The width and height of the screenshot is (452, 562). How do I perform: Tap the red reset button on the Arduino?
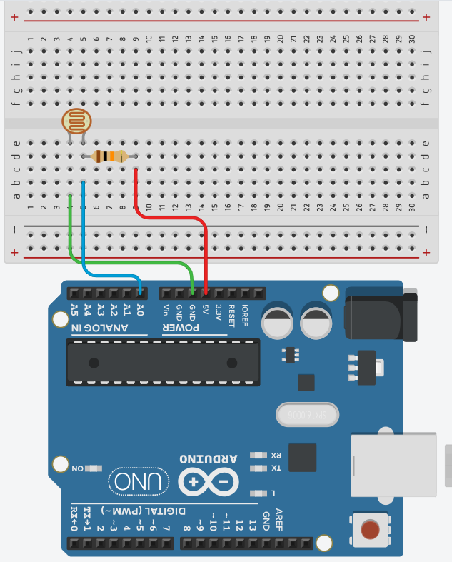coord(370,530)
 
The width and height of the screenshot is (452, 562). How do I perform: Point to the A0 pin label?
coord(140,309)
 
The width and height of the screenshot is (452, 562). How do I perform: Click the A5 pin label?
coord(74,309)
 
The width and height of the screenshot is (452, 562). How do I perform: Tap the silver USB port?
coord(393,465)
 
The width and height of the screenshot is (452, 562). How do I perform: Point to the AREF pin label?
coord(279,521)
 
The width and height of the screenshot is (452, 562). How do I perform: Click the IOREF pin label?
coord(244,313)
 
